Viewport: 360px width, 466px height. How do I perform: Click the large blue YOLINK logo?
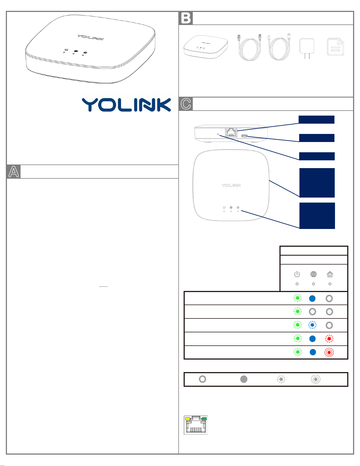pos(126,105)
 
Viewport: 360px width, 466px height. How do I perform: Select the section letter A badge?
pos(14,171)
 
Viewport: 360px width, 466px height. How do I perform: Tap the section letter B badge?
pos(186,18)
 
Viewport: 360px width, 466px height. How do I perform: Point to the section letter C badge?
pos(186,104)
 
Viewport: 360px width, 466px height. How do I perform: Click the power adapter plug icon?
pos(307,48)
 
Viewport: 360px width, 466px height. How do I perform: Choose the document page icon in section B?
pos(336,47)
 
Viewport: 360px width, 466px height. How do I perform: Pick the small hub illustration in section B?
pos(206,46)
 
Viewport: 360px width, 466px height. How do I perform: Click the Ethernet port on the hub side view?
pos(231,132)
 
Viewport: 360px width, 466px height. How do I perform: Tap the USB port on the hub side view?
pos(245,136)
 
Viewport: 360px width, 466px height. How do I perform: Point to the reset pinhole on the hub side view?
pos(218,134)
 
